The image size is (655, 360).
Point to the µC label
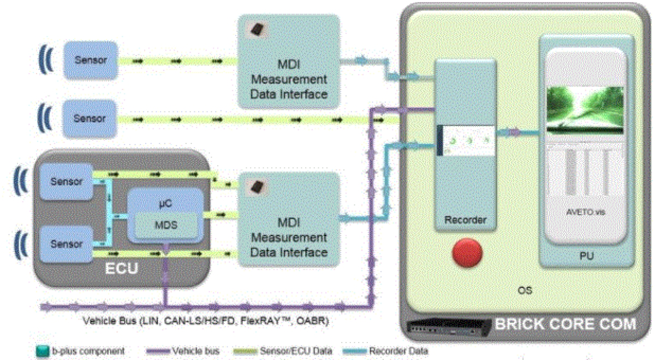pos(165,201)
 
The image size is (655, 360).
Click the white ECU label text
pos(122,269)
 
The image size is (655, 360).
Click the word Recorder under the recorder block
pos(465,221)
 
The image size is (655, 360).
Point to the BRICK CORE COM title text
pos(565,324)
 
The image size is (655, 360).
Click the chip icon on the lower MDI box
pos(256,187)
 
